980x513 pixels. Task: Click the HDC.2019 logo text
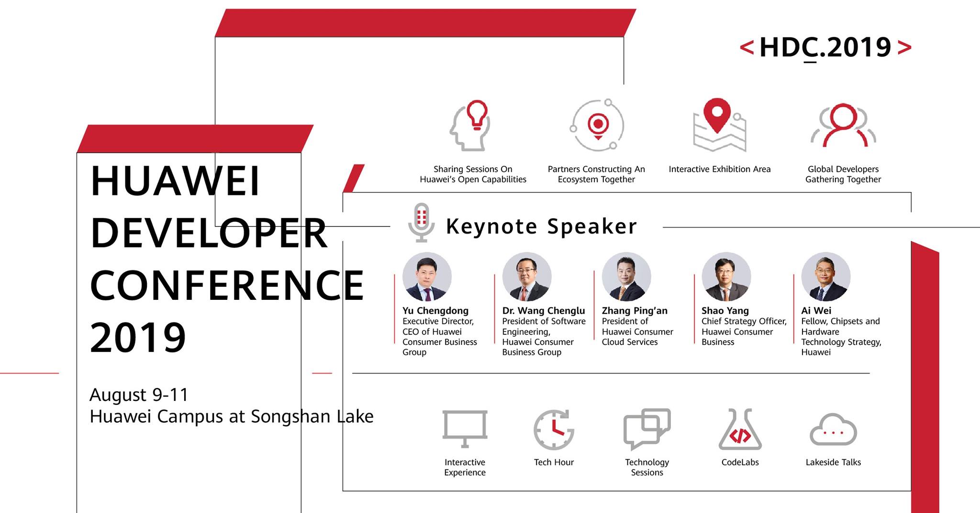825,47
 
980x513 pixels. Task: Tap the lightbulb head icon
470,125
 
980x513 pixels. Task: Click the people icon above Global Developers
843,125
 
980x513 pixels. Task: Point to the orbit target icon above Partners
597,125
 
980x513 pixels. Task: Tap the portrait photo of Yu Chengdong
427,277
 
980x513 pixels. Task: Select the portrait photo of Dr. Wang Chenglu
527,277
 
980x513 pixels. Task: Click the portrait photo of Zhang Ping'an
626,277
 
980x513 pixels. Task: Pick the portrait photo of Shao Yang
726,277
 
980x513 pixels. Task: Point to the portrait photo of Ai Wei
826,277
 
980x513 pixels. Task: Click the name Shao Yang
725,311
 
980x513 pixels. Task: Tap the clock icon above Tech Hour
554,430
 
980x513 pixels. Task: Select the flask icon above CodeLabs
740,429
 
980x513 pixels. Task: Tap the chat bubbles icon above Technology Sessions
647,429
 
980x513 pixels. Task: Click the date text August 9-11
139,395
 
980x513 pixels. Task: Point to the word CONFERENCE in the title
227,285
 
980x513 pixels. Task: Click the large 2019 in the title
138,338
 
